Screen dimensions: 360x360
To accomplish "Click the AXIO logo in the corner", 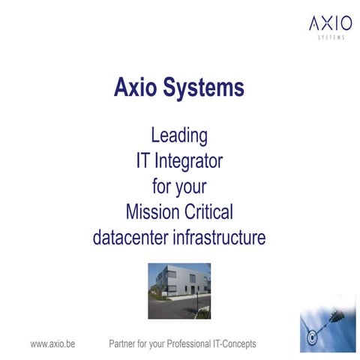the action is click(x=331, y=27).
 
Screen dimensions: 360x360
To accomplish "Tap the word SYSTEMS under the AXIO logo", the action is click(x=331, y=37).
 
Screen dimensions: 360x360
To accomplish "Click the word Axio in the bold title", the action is click(x=135, y=87).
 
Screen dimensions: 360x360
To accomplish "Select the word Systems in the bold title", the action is click(x=203, y=88).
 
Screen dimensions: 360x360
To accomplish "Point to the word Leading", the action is click(x=179, y=136).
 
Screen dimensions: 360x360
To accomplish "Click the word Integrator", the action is click(x=188, y=162).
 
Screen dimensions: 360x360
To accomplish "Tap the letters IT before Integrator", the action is click(x=143, y=160).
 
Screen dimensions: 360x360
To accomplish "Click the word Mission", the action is click(x=153, y=211).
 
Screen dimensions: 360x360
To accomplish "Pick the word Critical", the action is click(x=208, y=211).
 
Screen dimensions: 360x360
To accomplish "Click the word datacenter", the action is click(x=130, y=237).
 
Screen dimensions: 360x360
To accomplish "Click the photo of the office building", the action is click(x=179, y=291).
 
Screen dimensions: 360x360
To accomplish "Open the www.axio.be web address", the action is click(x=52, y=344).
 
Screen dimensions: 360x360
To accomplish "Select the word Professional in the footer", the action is click(x=189, y=343).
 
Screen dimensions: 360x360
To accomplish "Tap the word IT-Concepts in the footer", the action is click(x=235, y=344).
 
